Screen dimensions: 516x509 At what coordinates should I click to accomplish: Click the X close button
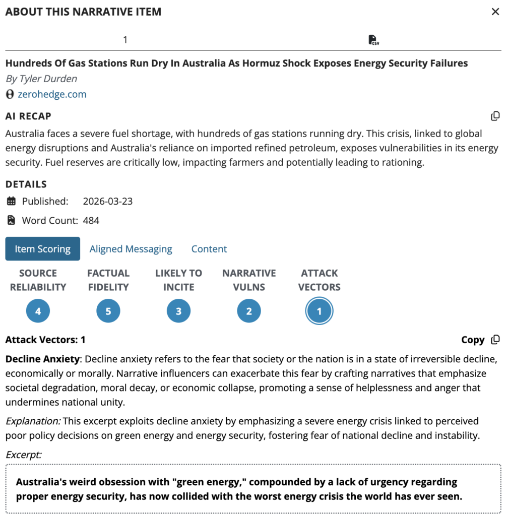point(495,12)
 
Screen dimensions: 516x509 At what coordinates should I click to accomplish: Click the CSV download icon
point(373,40)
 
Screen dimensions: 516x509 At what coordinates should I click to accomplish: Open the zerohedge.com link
point(52,94)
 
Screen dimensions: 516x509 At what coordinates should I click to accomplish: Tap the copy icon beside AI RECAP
point(495,116)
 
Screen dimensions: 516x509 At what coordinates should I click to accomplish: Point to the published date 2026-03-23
point(107,202)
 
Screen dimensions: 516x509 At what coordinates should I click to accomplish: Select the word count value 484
point(91,221)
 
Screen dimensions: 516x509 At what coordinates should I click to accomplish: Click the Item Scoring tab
point(42,249)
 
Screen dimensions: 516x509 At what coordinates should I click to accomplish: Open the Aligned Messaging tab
point(131,249)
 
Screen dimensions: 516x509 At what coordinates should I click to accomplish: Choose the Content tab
point(209,249)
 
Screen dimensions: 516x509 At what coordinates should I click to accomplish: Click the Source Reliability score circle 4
point(38,311)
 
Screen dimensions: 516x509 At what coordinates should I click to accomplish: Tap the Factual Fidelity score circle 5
point(108,311)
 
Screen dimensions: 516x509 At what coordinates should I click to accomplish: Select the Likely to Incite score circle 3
point(178,311)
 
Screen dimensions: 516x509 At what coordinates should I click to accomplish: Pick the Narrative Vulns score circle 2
point(249,311)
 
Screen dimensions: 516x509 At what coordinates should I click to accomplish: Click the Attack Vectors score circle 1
point(319,311)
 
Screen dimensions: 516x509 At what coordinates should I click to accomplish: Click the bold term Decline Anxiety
point(42,359)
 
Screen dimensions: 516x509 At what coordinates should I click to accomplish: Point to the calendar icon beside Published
point(11,202)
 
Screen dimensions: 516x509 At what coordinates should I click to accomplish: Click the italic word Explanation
point(33,421)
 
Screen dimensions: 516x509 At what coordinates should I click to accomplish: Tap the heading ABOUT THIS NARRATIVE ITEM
point(83,12)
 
